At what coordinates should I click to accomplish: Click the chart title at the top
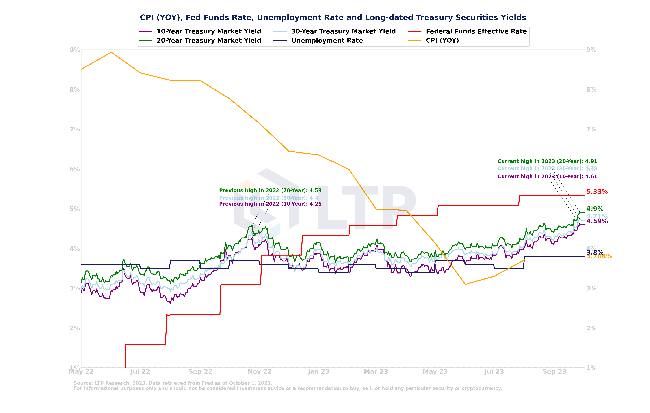(333, 17)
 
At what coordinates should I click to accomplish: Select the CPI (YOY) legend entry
(442, 40)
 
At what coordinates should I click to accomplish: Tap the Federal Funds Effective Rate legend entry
(476, 31)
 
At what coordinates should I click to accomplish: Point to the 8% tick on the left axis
(75, 89)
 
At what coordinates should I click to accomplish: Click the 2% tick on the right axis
(591, 328)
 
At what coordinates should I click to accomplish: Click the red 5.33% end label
(597, 192)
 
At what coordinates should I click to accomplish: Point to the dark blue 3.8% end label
(594, 252)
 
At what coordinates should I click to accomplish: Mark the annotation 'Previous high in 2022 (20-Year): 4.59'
(270, 190)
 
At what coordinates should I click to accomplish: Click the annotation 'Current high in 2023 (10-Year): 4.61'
(547, 177)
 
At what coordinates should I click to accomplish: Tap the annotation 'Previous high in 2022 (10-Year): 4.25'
(270, 204)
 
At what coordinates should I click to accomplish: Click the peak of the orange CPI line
(111, 52)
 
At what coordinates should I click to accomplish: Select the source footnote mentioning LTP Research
(173, 383)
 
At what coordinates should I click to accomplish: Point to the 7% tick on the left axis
(75, 129)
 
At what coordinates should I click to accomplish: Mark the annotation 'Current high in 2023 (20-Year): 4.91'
(547, 161)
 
